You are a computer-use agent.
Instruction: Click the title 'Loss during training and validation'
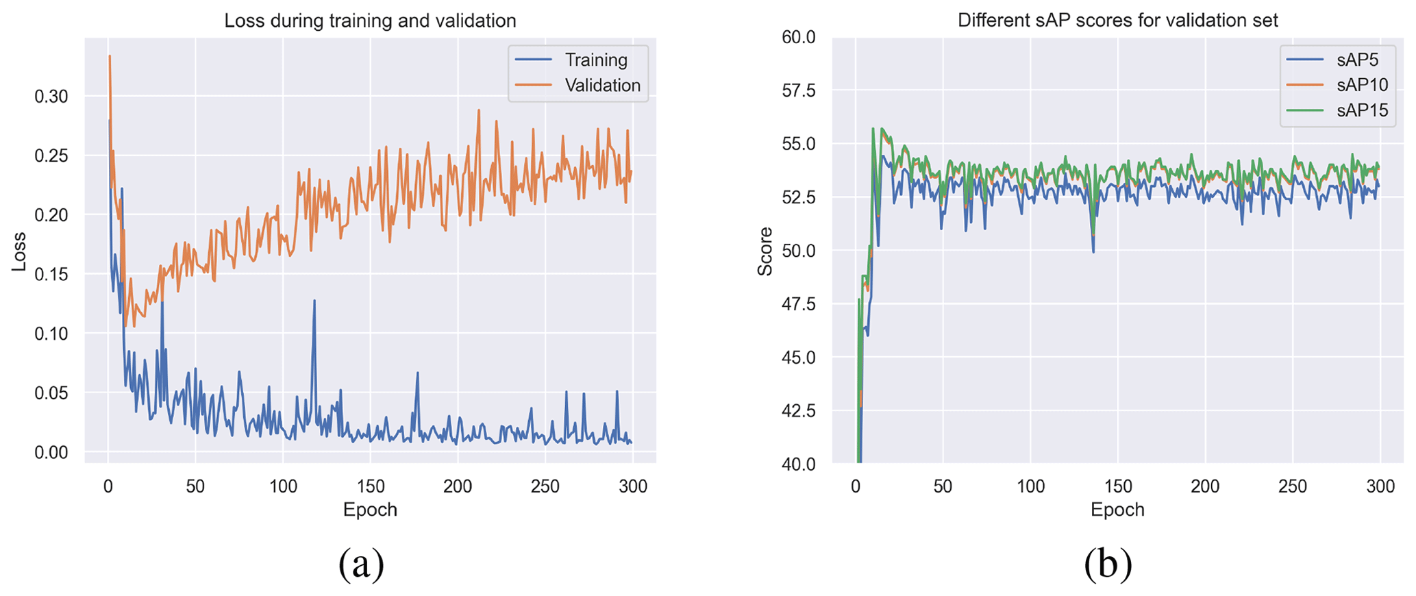click(x=370, y=21)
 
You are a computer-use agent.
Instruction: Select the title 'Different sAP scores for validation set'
click(x=1117, y=21)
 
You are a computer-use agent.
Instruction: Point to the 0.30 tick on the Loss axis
click(x=51, y=97)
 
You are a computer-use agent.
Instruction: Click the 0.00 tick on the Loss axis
click(x=51, y=452)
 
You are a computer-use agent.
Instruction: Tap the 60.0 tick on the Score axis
click(x=799, y=37)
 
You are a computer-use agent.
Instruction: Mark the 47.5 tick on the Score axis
click(x=799, y=304)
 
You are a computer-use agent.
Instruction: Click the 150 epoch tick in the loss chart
click(x=371, y=486)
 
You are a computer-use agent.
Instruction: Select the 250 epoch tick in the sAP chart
click(x=1293, y=486)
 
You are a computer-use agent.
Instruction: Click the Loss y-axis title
click(x=18, y=251)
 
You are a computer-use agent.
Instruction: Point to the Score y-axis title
click(x=765, y=251)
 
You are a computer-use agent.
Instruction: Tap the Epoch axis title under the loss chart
click(x=370, y=510)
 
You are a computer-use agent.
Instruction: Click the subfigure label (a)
click(x=361, y=564)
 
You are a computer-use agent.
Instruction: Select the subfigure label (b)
click(x=1108, y=564)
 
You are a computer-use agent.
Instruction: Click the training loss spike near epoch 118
click(x=314, y=301)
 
